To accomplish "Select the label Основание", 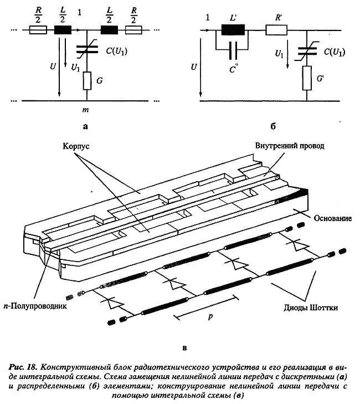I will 332,219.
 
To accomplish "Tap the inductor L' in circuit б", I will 232,32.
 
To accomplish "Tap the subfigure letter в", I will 183,349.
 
